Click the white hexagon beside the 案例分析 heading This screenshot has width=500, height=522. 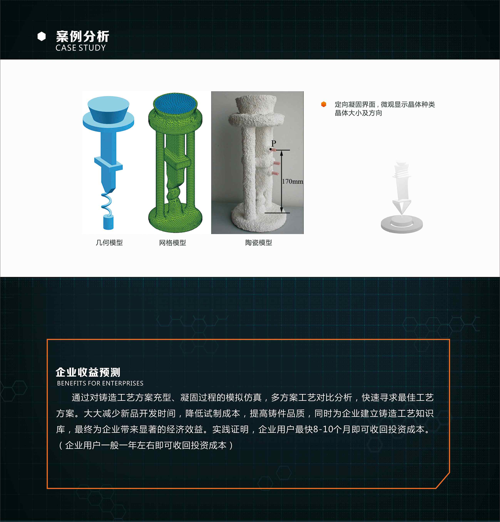click(41, 36)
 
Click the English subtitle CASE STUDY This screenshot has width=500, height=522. click(81, 48)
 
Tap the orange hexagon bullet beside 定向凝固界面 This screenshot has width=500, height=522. click(324, 104)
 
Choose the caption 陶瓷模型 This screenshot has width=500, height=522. click(259, 243)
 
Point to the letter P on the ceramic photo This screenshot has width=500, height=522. click(274, 143)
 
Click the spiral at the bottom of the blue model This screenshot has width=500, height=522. click(107, 203)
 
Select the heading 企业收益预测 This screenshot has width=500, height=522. click(88, 372)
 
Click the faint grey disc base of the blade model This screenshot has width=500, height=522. click(402, 224)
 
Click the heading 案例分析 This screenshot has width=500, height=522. click(82, 36)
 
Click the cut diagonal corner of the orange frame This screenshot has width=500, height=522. click(443, 481)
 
